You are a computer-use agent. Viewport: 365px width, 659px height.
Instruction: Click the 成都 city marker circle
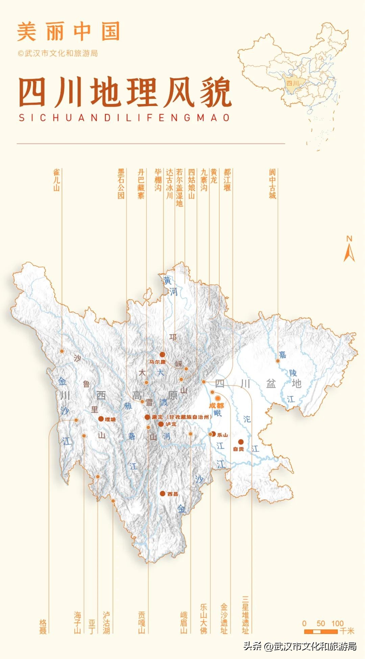click(218, 398)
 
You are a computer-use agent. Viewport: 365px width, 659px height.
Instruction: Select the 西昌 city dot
click(163, 494)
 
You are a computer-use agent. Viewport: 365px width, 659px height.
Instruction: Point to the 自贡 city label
click(239, 449)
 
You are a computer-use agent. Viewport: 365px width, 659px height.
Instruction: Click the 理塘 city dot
click(101, 419)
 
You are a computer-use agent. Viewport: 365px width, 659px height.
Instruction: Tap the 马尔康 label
click(158, 362)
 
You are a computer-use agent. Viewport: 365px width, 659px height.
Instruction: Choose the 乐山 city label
click(222, 435)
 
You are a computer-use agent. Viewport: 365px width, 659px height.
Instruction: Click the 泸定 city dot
click(161, 424)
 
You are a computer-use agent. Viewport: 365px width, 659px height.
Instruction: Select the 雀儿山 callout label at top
click(56, 180)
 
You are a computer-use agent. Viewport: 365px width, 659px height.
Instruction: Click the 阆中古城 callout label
click(272, 184)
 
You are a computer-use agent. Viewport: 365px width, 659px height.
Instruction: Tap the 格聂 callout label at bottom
click(43, 627)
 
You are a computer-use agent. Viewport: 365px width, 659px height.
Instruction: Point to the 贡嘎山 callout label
click(142, 623)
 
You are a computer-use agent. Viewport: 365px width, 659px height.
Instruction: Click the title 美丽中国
click(69, 31)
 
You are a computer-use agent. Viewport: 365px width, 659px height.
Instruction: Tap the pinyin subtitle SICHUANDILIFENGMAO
click(124, 118)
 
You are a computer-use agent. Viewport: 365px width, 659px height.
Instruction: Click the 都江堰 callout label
click(227, 180)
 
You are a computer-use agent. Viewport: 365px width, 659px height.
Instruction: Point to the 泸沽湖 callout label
click(106, 623)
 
